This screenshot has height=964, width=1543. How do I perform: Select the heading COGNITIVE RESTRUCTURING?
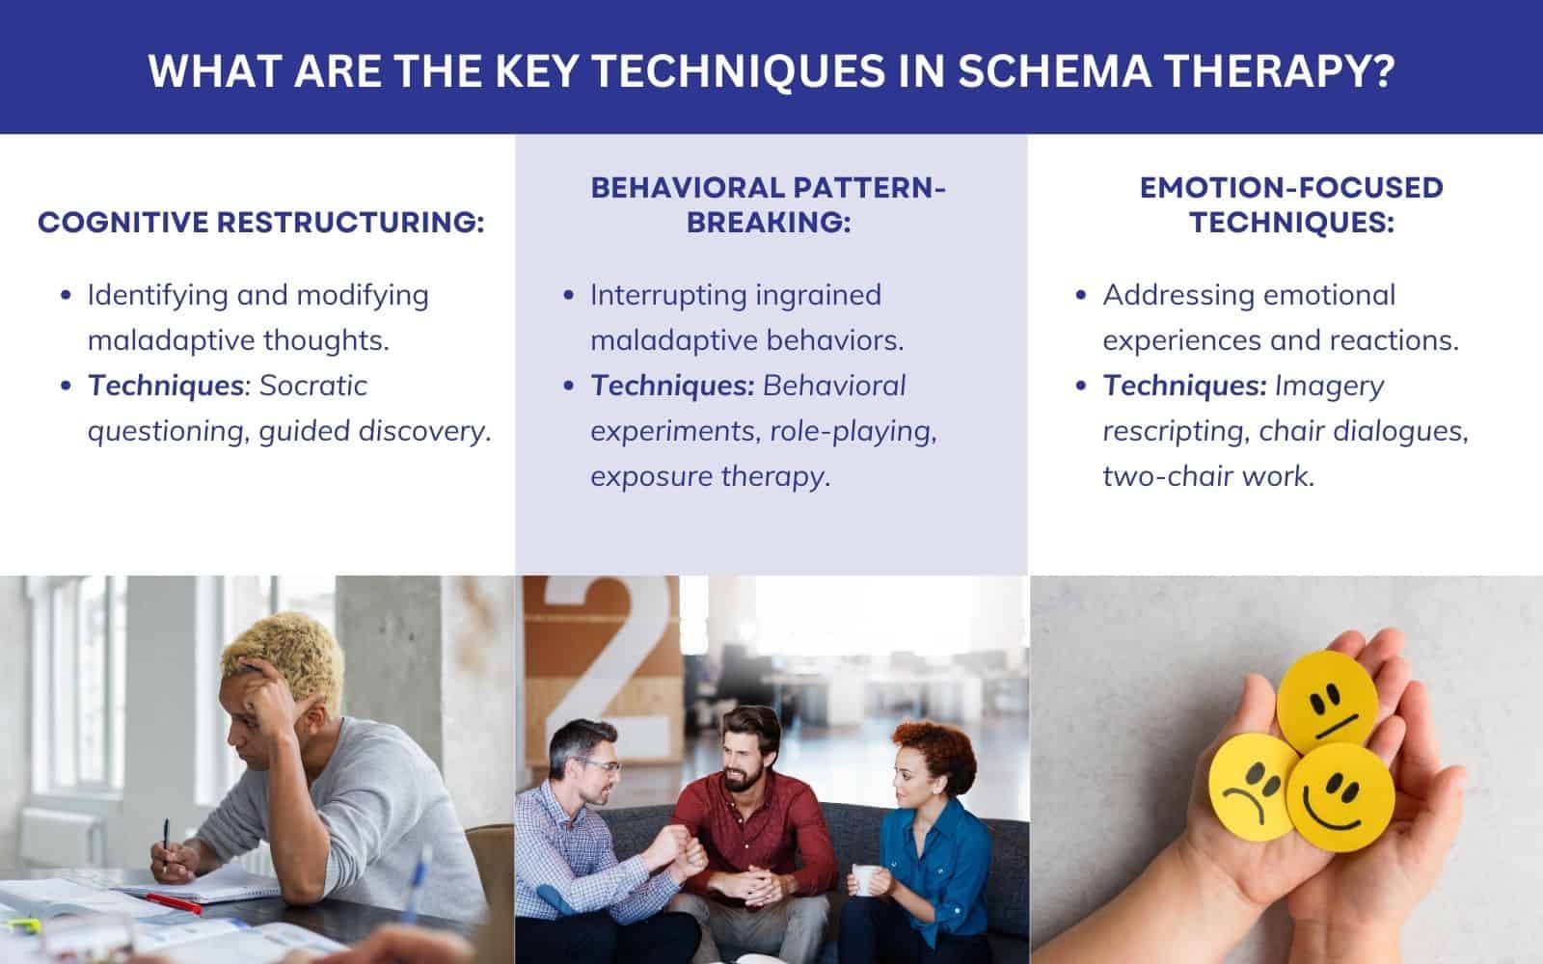260,223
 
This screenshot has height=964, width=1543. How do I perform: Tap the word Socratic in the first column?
313,386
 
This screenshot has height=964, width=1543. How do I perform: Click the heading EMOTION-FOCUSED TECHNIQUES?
1290,204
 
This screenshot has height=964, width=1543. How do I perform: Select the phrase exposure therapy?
710,476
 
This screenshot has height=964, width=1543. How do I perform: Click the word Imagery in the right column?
1329,386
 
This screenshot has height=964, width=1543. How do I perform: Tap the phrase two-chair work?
1208,476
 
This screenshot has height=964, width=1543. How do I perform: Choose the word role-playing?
853,431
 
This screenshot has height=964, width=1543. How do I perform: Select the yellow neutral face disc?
1326,701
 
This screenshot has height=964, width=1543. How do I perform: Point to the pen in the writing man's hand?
165,843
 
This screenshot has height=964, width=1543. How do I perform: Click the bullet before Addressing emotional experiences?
1081,295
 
